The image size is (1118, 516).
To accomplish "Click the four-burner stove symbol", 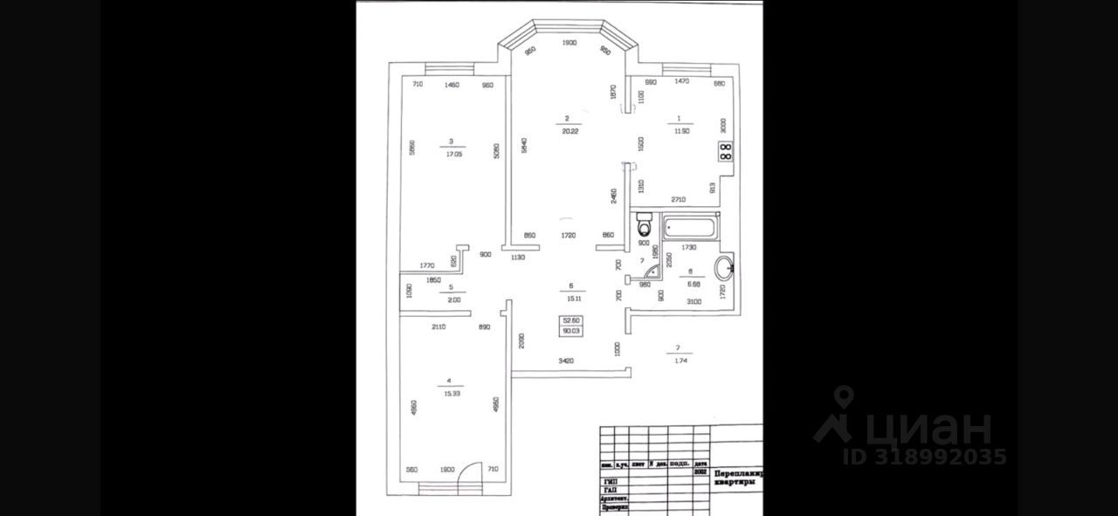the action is point(725,153).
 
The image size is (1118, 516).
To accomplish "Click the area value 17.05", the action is point(452,153).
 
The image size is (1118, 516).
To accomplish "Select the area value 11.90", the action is point(681,132).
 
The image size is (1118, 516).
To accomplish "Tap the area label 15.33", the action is point(452,394).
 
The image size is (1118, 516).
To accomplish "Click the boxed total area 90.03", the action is point(572,331).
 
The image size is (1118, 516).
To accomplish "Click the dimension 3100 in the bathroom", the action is point(694,302).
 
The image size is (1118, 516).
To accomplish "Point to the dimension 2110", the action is point(439,327).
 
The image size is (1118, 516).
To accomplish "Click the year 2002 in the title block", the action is point(699,471).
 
